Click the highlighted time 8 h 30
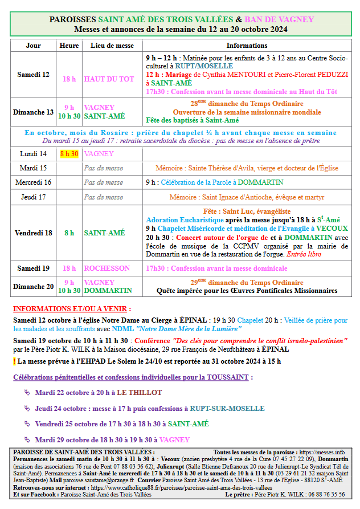click(69, 154)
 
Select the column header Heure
click(69, 46)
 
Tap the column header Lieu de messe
click(112, 46)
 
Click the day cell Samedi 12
click(34, 75)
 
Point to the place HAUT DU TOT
click(109, 79)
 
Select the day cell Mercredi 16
click(34, 182)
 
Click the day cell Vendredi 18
click(34, 233)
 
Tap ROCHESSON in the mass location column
click(107, 268)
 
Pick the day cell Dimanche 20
click(34, 286)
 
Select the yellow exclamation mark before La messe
click(14, 361)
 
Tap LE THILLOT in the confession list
click(140, 393)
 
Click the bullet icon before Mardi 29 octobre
click(27, 439)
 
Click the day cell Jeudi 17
click(34, 197)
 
